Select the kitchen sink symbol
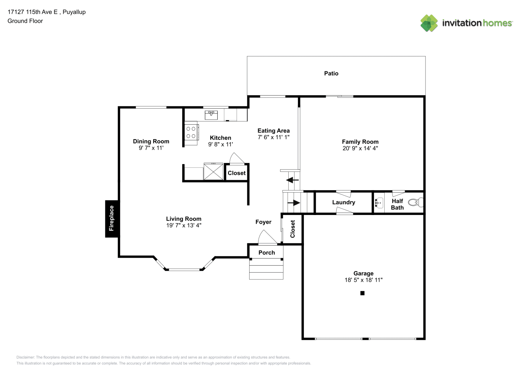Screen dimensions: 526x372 211,115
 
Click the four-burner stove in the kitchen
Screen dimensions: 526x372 191,132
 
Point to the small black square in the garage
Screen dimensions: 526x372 362,293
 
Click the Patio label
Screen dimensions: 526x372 331,74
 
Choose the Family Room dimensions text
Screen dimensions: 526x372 360,148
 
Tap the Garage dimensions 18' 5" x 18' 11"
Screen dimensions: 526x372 363,280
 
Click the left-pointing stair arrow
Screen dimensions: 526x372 292,180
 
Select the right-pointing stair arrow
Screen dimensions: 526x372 294,202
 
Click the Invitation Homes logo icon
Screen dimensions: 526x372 429,23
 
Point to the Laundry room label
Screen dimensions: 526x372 344,202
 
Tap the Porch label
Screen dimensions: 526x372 266,253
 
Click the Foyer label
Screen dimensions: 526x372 263,222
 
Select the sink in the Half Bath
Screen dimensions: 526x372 379,203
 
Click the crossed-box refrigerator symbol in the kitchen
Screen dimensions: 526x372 213,171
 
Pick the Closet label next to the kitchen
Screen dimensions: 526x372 237,173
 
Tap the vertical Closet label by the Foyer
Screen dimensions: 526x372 292,229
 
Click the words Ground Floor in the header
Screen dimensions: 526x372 25,21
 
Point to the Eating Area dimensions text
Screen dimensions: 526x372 273,137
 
